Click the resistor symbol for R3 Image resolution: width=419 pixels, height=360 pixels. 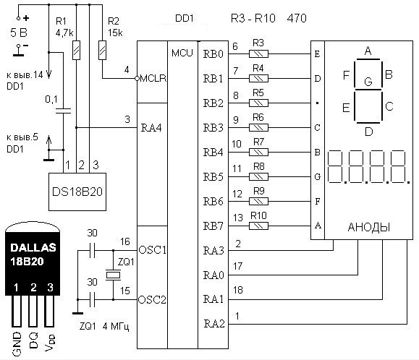coord(258,54)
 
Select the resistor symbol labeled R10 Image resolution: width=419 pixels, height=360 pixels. coord(258,226)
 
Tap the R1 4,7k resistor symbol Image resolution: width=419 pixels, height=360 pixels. coord(77,50)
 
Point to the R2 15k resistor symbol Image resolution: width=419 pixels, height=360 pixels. coord(102,50)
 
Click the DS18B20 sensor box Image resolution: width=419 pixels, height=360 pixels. coord(77,192)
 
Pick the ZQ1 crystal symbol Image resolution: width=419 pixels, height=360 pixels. coord(113,275)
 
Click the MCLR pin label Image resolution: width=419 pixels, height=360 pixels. coord(153,79)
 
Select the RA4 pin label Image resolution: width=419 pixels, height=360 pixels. coord(151,128)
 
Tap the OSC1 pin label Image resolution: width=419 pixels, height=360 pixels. coord(152,250)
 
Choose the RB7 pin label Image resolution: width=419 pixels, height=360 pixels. coord(213,226)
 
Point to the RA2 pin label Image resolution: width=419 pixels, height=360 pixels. coord(214,324)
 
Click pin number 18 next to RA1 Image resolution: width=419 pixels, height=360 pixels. coord(238,290)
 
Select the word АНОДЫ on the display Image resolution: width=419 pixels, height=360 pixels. coord(369,228)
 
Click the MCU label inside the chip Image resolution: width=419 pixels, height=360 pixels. coord(182,53)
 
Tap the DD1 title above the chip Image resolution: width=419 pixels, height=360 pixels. coord(184,18)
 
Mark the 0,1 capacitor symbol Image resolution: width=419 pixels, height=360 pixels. coord(64,111)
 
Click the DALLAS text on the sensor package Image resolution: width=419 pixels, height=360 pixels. coord(33,248)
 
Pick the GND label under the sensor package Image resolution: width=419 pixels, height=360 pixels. coord(17,344)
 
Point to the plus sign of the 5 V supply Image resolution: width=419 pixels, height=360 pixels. coord(26,18)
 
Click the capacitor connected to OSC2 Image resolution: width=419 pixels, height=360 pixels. coord(92,300)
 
